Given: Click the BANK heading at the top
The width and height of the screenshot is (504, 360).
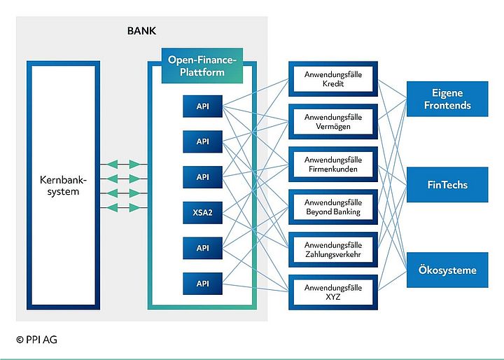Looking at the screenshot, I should [x=141, y=32].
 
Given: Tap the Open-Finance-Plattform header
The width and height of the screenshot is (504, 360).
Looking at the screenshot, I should [x=202, y=66].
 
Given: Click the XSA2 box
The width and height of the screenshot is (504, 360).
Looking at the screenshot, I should [x=202, y=212].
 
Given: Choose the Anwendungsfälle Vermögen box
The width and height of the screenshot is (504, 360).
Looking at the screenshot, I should [x=333, y=122].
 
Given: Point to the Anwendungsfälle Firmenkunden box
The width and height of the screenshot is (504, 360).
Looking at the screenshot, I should [x=333, y=165].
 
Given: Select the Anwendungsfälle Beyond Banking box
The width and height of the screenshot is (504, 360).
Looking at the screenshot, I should [x=333, y=207].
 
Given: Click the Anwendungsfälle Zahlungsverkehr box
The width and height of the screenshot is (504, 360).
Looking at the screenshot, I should [x=333, y=250].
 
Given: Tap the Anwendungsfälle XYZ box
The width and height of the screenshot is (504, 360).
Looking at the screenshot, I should [x=333, y=293].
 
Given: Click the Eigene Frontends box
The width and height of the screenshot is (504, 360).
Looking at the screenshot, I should [x=447, y=99].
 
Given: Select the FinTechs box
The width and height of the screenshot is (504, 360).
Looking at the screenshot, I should [x=447, y=185].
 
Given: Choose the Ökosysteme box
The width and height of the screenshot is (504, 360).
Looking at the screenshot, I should [x=447, y=270].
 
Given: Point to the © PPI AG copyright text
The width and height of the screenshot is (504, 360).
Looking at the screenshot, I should [x=37, y=340].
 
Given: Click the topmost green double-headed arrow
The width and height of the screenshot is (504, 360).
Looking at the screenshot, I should [x=124, y=165].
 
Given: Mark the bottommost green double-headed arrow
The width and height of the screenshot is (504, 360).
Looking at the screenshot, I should [x=124, y=207].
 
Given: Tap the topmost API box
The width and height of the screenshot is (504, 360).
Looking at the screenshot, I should [x=202, y=106].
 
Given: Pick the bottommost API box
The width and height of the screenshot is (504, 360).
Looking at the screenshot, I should [x=202, y=284].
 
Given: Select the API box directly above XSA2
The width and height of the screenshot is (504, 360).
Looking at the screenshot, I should [x=202, y=177].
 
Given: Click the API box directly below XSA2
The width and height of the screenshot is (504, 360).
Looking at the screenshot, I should [x=202, y=248].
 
